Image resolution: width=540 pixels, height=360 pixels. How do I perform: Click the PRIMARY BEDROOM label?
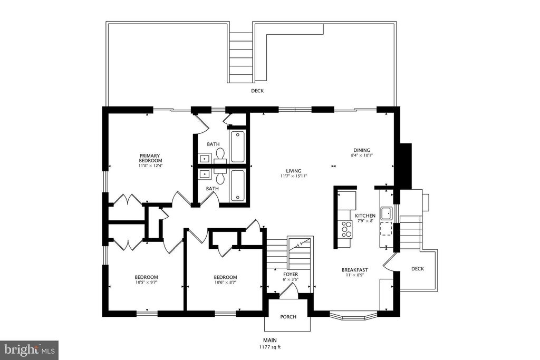(x=150, y=158)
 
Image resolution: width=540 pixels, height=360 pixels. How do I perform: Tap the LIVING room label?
(x=293, y=171)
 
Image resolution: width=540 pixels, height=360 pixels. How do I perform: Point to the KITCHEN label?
(x=365, y=216)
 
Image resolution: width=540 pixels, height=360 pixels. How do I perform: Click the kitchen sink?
(x=387, y=213)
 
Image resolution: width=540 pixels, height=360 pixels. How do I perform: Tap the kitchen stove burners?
(x=346, y=229)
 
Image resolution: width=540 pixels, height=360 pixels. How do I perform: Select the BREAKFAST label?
(x=355, y=270)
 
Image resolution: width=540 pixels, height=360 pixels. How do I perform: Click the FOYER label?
(x=291, y=274)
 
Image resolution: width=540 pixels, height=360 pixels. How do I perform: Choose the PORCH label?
(x=288, y=317)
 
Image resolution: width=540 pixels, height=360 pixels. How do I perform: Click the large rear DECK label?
(x=257, y=91)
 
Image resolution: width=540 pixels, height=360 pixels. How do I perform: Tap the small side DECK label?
(x=418, y=268)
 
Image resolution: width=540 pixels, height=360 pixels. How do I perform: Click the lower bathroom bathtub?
(x=237, y=185)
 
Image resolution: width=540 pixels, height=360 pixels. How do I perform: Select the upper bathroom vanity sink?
(x=205, y=158)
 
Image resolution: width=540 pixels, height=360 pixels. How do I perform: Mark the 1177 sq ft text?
(x=270, y=347)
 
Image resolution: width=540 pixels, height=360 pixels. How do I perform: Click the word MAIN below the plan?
(x=270, y=340)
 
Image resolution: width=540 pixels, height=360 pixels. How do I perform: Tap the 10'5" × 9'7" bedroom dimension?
(x=146, y=282)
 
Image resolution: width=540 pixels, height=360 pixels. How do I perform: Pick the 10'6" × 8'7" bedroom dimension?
(x=225, y=282)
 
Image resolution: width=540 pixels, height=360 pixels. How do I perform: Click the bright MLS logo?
(x=29, y=350)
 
